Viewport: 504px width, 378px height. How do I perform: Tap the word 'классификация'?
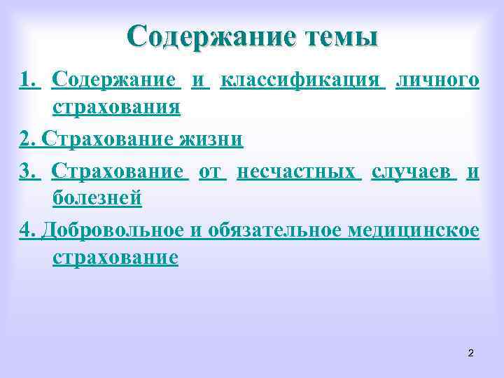(x=302, y=81)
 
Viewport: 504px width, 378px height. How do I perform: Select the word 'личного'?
(x=437, y=81)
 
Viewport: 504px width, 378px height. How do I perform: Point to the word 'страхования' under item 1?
(x=116, y=108)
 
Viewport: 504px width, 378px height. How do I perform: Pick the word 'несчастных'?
(x=299, y=171)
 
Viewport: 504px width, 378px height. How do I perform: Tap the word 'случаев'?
(x=414, y=171)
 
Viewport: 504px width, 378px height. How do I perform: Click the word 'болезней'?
(x=97, y=198)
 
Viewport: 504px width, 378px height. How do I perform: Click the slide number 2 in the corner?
(x=470, y=353)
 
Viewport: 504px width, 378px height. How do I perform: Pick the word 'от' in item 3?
(x=212, y=171)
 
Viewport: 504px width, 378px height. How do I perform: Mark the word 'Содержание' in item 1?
(x=116, y=81)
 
